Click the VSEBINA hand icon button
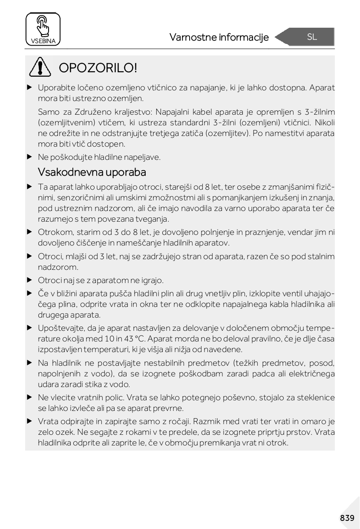43,29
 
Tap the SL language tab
311,37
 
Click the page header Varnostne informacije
219,38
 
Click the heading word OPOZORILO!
98,68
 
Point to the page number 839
347,518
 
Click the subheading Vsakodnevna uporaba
92,172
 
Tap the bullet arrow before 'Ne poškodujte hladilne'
29,157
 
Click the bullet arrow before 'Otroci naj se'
29,280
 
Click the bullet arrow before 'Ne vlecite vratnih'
29,398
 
